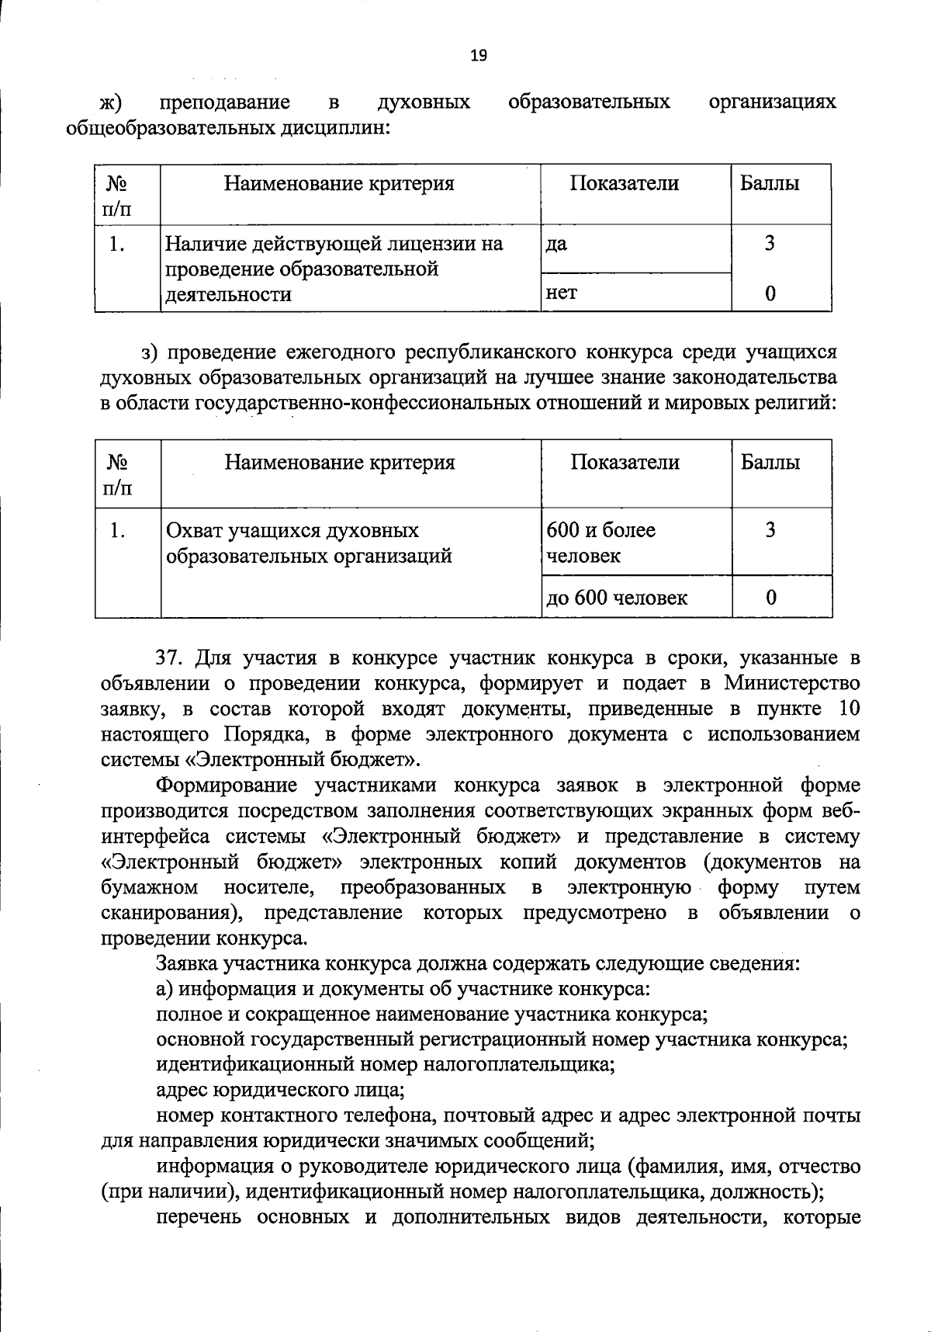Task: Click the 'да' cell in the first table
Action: [557, 244]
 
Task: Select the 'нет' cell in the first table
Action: [562, 293]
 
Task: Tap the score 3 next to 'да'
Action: [769, 244]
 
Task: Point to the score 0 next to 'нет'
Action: [770, 293]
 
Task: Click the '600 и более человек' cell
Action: [600, 542]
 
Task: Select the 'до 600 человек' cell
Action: [617, 597]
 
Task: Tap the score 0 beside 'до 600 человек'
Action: [770, 597]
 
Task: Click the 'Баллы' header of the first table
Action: [770, 183]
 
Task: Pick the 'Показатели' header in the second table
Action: [625, 462]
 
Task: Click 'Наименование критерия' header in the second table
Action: [340, 462]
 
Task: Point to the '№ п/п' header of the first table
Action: [117, 195]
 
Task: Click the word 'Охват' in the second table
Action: [195, 530]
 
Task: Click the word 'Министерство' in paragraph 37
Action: [792, 683]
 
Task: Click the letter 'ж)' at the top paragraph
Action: [113, 102]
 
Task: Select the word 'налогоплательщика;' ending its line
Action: [524, 1064]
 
